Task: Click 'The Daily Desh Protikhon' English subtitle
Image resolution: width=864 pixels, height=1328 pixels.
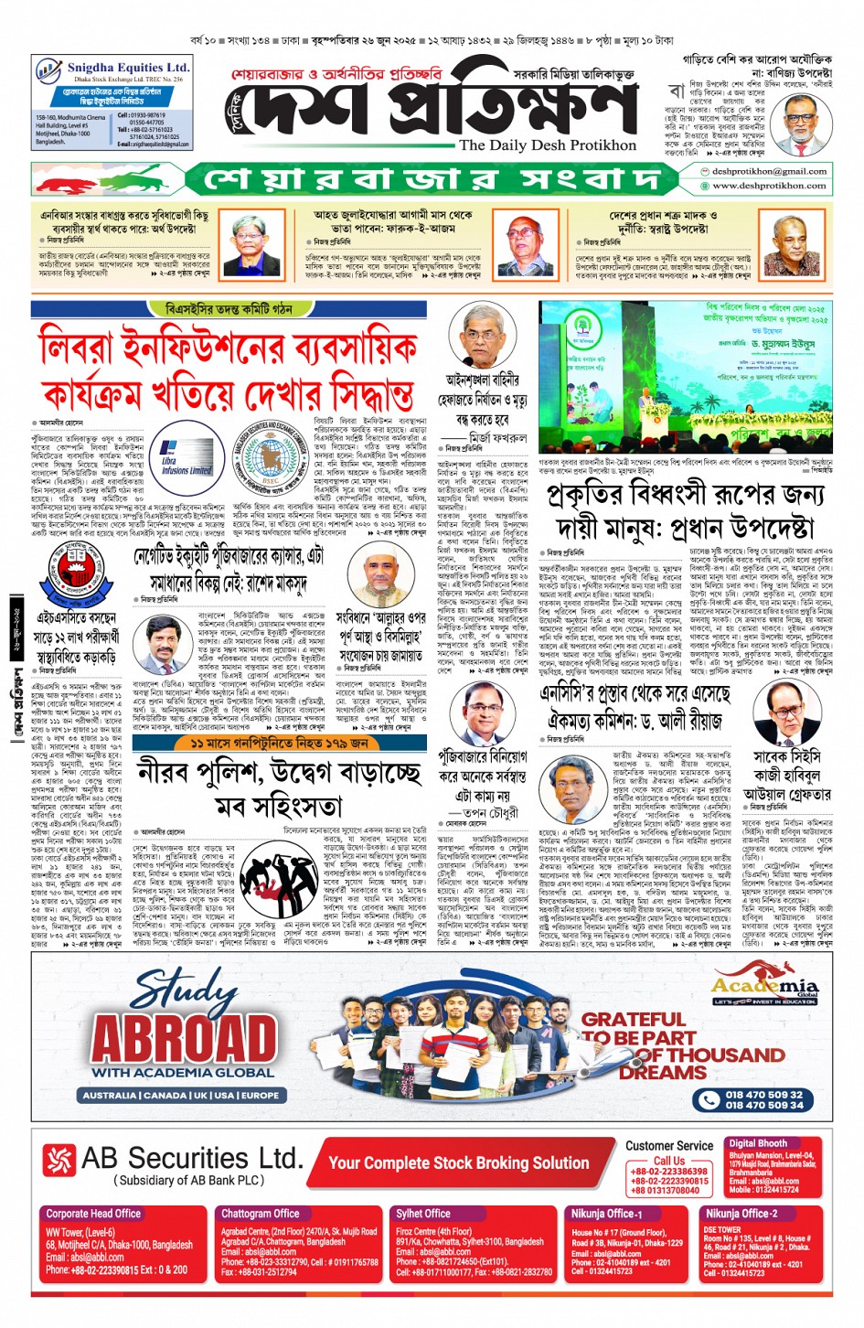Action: point(547,145)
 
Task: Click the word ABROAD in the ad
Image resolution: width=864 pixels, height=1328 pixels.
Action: point(183,1038)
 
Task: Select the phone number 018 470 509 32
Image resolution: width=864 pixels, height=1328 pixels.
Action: point(764,1094)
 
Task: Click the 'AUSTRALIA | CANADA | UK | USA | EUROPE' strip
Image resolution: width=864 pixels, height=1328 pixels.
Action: point(181,1095)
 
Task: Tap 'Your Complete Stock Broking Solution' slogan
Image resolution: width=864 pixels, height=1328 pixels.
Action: point(458,1162)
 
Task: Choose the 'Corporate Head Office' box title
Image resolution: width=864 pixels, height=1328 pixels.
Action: point(93,1214)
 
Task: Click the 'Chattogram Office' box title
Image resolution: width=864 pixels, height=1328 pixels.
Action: point(261,1214)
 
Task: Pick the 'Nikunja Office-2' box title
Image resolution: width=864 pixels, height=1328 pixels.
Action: point(741,1214)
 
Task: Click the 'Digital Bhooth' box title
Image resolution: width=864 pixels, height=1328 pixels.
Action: point(758,1143)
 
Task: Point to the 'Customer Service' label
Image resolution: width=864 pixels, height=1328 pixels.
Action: point(669,1145)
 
